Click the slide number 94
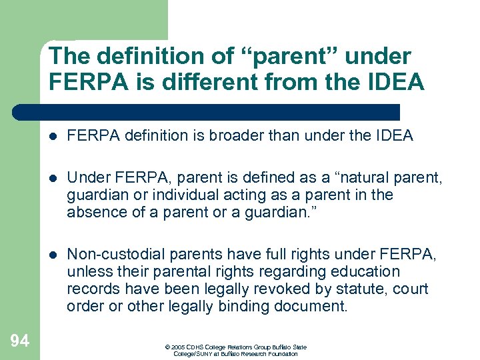tap(20, 341)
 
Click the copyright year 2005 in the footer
tap(179, 347)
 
